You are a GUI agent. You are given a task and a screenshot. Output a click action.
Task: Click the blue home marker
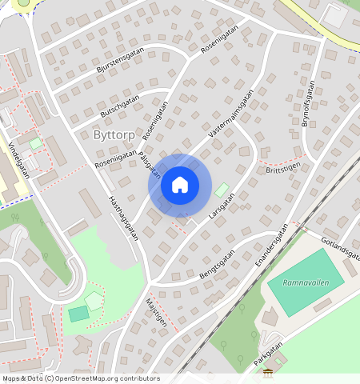point(180,185)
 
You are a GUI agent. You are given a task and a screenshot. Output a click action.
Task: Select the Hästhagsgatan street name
point(123,218)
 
